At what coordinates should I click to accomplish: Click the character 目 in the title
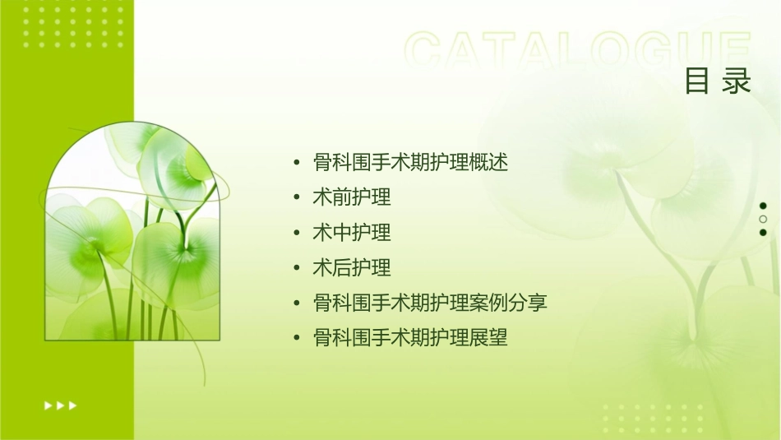(698, 81)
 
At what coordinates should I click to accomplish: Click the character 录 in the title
(737, 81)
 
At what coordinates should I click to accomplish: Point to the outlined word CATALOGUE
(578, 52)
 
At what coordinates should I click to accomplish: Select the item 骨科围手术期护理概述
(411, 163)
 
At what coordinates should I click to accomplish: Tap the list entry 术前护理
(352, 197)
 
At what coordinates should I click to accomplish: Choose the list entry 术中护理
(352, 233)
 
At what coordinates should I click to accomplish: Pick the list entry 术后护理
(352, 268)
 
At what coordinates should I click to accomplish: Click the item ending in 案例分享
(430, 303)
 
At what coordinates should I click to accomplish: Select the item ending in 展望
(411, 338)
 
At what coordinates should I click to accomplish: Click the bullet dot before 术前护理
(297, 198)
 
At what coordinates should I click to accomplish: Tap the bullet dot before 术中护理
(297, 234)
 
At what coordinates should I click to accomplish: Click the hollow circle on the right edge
(763, 219)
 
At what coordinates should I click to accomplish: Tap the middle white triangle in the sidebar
(60, 405)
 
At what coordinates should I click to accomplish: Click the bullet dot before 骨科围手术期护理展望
(297, 339)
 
